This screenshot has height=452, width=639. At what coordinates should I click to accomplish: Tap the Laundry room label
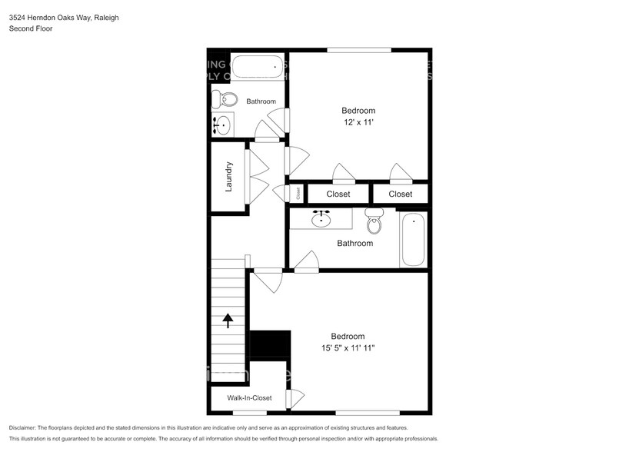(x=228, y=177)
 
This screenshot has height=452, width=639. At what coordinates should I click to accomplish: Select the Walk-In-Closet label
(x=249, y=398)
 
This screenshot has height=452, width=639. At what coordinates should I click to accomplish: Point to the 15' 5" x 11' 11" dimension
(x=348, y=348)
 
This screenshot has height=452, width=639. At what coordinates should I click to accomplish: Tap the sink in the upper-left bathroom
(x=223, y=125)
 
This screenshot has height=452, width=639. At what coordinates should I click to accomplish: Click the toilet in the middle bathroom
(x=374, y=222)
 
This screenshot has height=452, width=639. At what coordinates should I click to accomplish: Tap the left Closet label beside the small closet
(x=338, y=194)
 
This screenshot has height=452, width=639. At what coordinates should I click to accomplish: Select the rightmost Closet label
(x=400, y=194)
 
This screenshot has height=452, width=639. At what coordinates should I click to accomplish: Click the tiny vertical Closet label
(x=298, y=194)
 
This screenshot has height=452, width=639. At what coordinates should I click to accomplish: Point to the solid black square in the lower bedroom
(x=271, y=344)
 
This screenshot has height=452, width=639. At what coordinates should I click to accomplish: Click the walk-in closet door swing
(x=294, y=399)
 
